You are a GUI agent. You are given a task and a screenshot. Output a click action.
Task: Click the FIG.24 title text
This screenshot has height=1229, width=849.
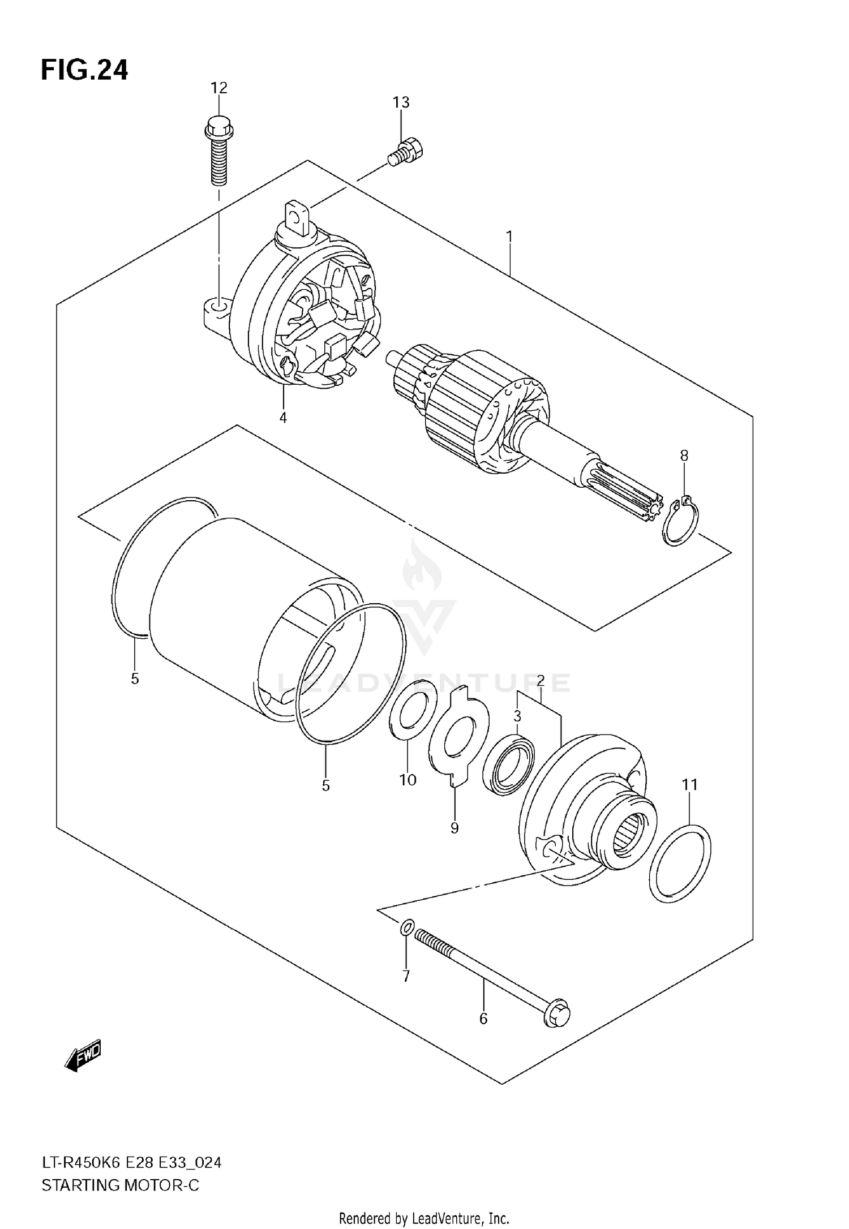point(84,71)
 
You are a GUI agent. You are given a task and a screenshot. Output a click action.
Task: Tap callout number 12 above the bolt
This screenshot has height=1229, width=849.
point(218,88)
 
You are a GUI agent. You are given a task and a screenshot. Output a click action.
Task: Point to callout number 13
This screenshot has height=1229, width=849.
point(401,102)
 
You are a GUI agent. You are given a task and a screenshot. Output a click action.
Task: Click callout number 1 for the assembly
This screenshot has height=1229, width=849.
point(509,235)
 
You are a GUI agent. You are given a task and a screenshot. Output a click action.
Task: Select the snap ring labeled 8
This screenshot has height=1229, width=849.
point(681,521)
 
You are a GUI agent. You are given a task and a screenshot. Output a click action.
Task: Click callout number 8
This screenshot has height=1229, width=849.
point(684,455)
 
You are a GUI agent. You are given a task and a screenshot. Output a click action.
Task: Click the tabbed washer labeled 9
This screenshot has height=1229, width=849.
point(458,736)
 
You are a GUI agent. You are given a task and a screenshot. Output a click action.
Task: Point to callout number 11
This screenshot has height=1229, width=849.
point(689,784)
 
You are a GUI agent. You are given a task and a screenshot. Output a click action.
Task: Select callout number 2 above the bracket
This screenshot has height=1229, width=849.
point(540,680)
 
